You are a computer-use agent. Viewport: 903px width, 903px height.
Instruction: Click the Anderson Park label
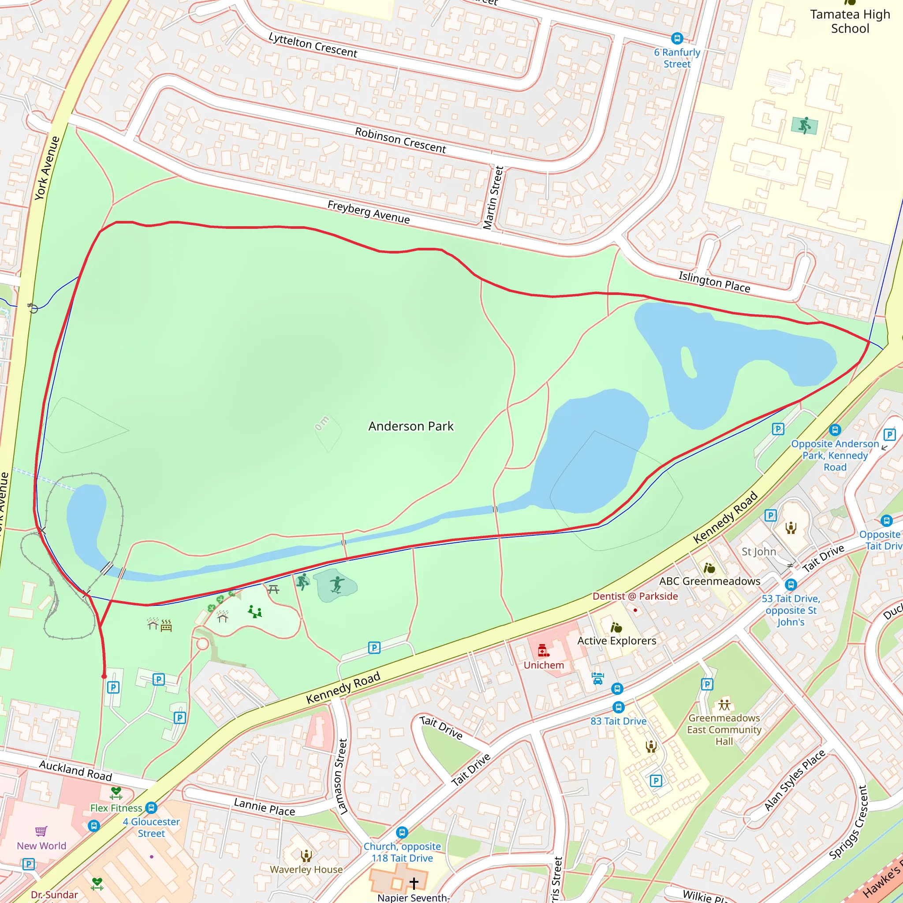tap(410, 426)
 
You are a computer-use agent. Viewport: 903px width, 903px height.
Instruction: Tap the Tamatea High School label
tap(850, 22)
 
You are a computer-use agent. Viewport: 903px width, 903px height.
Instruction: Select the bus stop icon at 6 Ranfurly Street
tap(677, 38)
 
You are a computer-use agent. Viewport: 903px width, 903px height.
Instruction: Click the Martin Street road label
tap(493, 198)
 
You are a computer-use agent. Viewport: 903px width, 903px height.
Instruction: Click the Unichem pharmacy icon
tap(543, 650)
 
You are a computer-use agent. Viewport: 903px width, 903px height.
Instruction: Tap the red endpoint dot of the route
tap(104, 676)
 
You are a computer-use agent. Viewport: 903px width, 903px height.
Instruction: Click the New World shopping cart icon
tap(41, 831)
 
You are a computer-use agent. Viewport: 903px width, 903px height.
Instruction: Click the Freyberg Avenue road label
tap(368, 212)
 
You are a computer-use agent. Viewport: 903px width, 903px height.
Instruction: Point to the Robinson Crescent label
tap(400, 140)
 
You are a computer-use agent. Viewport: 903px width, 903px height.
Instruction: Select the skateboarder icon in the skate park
tap(336, 585)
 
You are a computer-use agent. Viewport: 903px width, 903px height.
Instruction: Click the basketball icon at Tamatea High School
tap(804, 125)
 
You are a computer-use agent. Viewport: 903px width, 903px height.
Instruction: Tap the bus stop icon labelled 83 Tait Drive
tap(618, 707)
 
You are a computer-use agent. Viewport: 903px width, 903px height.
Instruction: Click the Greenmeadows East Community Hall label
tap(724, 730)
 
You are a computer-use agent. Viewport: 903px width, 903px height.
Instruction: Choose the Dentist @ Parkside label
tap(635, 597)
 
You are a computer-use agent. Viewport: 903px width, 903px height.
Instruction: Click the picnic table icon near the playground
tap(273, 590)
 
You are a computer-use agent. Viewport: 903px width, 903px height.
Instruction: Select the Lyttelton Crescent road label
tap(313, 45)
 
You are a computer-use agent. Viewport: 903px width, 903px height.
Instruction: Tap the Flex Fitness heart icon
tap(116, 792)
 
